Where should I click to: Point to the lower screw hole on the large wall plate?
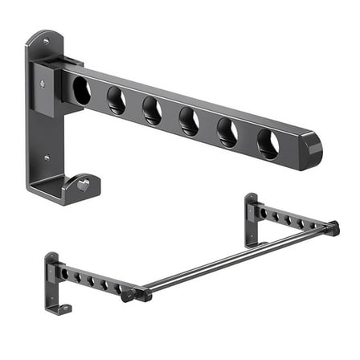47,157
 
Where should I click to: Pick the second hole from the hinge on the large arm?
117,100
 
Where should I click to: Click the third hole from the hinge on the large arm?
153,111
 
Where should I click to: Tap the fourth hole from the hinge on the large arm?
190,121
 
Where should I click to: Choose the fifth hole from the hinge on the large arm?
227,133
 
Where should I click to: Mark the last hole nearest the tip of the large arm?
268,143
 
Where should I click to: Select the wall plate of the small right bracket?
252,217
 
